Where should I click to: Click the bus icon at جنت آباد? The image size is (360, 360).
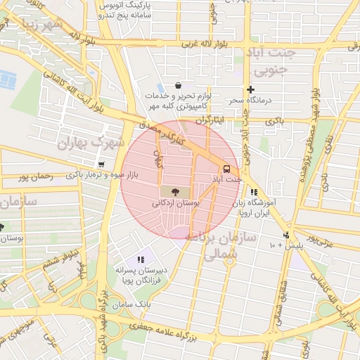226,169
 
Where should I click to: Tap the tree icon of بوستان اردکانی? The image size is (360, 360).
174,191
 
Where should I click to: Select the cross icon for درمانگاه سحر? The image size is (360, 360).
250,89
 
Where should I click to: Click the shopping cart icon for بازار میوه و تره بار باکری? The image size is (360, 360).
103,165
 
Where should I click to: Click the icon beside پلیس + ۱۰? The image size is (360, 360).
286,235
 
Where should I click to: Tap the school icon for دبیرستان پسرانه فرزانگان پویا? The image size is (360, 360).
141,260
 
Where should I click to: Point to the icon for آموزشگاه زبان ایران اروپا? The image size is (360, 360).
254,191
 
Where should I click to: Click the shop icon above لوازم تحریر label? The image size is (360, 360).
179,85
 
